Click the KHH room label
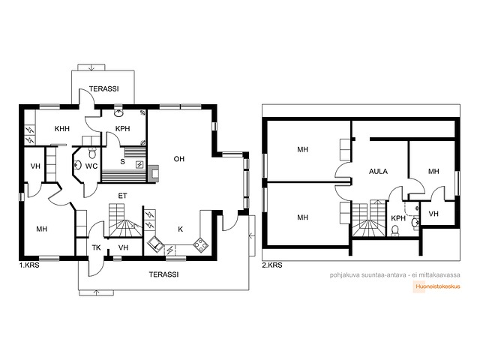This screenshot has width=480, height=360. point(62,129)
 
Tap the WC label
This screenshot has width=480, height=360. point(91,166)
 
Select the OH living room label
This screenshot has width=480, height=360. point(179,159)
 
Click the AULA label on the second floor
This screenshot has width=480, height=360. point(378,172)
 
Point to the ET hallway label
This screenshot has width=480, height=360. point(122,196)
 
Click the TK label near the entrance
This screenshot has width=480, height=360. point(97,247)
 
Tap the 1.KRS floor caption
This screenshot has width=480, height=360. point(29,265)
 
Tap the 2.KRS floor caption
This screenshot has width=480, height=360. point(272,265)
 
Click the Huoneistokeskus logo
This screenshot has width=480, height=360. point(436,286)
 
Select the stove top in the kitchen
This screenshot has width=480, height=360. point(200,245)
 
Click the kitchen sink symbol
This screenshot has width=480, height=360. point(157,244)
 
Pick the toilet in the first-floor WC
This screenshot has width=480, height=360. point(92,152)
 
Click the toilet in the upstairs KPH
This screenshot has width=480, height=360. point(395,230)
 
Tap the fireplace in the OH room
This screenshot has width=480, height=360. point(154,173)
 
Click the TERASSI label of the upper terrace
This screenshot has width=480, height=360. point(103,89)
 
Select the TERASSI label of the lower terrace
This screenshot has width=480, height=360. point(163,274)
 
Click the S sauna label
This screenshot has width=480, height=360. point(122,162)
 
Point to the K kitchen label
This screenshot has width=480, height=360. point(180,229)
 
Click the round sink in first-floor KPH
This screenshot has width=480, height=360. point(118,113)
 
